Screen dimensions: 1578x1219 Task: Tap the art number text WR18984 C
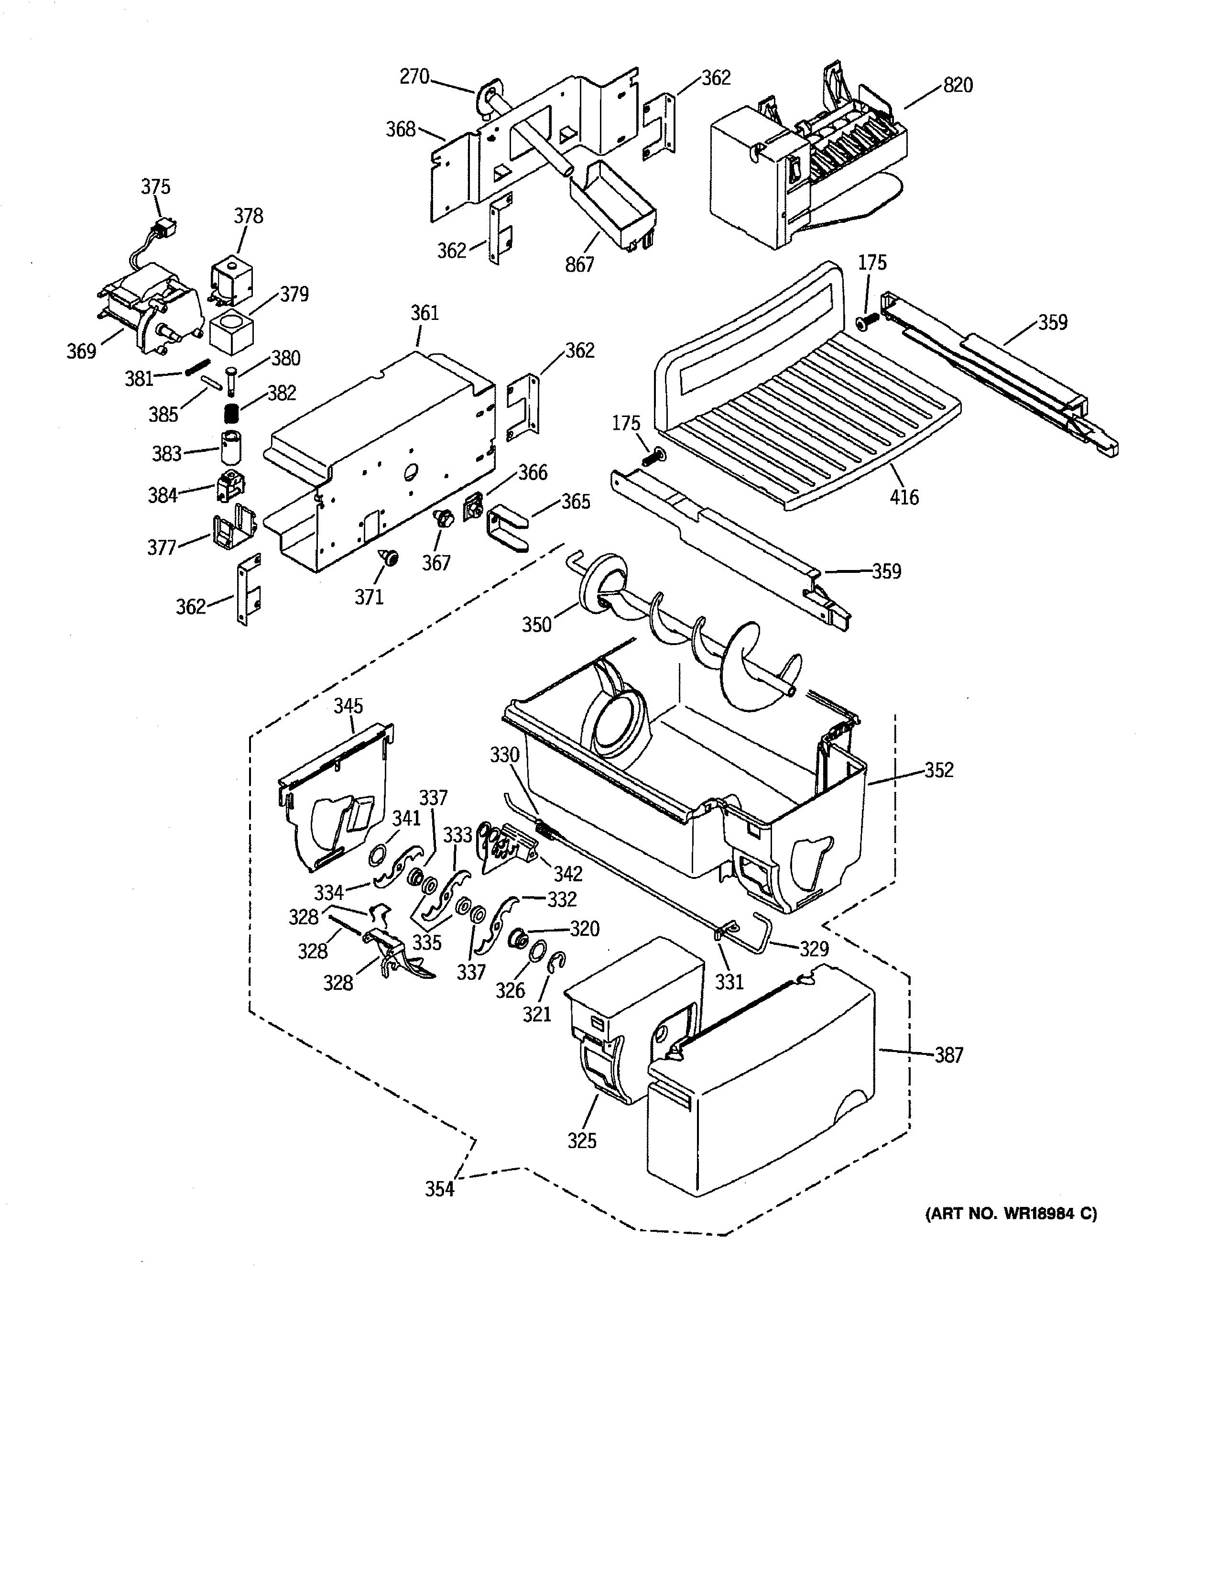click(1011, 1214)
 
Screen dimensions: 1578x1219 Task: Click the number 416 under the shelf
click(904, 497)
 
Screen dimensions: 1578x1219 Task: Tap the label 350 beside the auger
click(536, 624)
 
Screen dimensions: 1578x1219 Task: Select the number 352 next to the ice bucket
click(939, 770)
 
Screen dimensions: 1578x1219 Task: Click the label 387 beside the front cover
click(949, 1056)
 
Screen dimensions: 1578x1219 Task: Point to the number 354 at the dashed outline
click(439, 1189)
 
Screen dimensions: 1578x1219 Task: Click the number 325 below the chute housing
click(582, 1141)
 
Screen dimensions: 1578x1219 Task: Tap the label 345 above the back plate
click(348, 706)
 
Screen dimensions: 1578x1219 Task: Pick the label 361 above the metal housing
click(424, 313)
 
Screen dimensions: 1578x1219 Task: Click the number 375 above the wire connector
click(155, 187)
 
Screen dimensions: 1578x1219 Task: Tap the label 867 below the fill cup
click(580, 264)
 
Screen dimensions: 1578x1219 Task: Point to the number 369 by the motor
click(82, 351)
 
